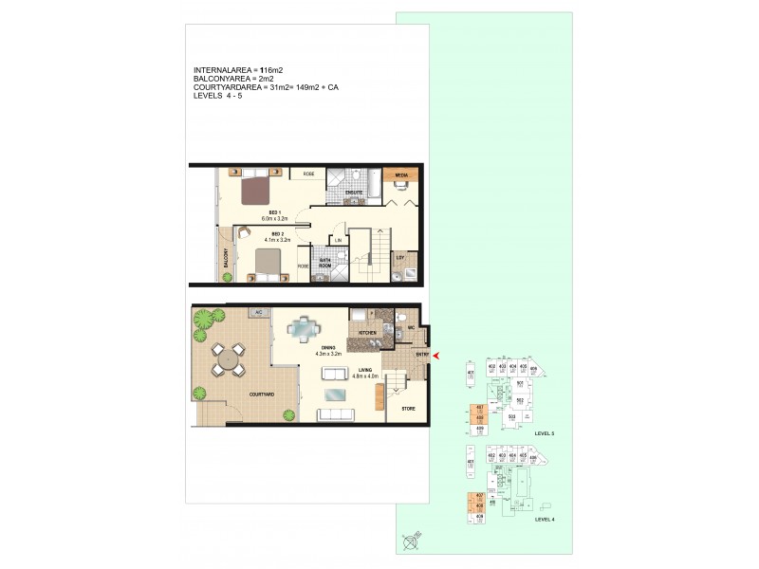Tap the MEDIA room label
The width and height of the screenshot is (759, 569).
tap(401, 176)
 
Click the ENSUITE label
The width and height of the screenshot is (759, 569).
tap(353, 193)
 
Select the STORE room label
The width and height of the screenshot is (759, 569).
tap(408, 409)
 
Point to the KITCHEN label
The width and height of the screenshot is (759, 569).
tap(369, 333)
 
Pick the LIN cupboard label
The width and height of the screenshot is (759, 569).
tap(337, 241)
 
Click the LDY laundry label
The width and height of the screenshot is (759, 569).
tap(400, 257)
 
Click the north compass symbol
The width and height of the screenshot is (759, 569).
tap(411, 542)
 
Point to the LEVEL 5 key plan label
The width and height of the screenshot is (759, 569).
tap(545, 432)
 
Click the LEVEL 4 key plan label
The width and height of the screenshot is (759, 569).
tap(545, 519)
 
